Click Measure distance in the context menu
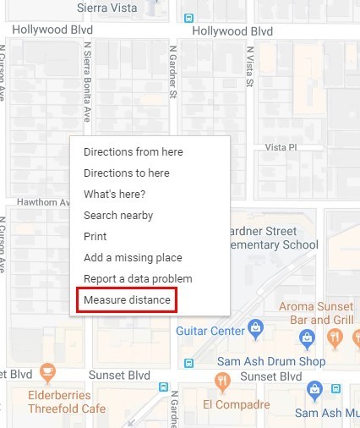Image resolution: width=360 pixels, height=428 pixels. tap(127, 300)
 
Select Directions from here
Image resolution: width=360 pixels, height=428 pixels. tap(133, 152)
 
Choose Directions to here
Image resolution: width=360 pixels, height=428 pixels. tap(126, 173)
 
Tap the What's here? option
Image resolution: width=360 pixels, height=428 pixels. tap(114, 195)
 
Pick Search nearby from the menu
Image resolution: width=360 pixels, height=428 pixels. tap(118, 216)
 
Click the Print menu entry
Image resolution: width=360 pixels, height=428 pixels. tap(95, 237)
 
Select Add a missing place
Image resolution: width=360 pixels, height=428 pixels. tap(133, 257)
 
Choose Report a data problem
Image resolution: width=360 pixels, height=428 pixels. tap(138, 278)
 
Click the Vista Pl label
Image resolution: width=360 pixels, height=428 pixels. tap(281, 147)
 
